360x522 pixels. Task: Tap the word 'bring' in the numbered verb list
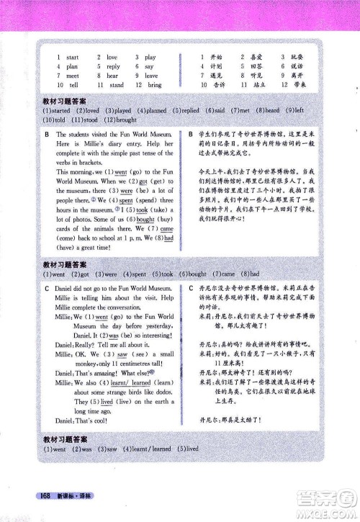154,85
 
